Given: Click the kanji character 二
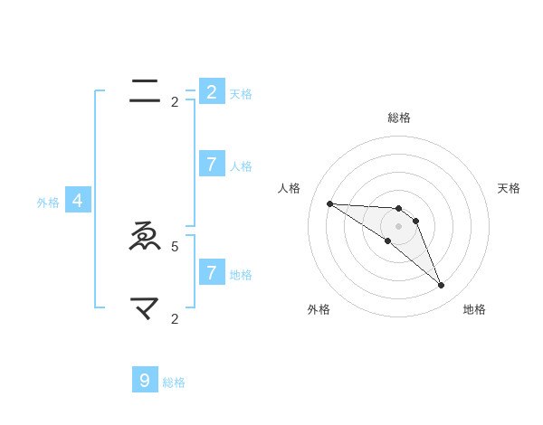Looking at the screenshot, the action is [145, 90].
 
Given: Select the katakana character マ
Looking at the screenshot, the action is [145, 309].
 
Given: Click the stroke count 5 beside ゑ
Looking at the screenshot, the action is [175, 246].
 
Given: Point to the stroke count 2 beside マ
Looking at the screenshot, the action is [175, 318].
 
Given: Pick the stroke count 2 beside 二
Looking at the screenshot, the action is [175, 102].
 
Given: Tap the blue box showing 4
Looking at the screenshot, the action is [78, 202].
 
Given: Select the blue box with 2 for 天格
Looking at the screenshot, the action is [211, 92].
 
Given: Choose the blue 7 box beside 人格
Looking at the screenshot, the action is [211, 165].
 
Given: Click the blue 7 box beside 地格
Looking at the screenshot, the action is [211, 272].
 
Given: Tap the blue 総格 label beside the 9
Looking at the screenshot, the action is [174, 382].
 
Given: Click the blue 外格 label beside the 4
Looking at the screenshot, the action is [48, 203].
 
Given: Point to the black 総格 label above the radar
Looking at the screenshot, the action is [398, 118].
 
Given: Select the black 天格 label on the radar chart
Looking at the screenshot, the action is [509, 188].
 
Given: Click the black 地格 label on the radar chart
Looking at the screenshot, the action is [474, 309].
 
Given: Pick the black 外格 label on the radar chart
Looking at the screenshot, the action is [319, 309].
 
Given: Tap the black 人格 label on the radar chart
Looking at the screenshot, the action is [289, 188].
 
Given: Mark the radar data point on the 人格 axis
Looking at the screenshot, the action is [329, 203].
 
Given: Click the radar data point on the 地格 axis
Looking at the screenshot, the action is [441, 286].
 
